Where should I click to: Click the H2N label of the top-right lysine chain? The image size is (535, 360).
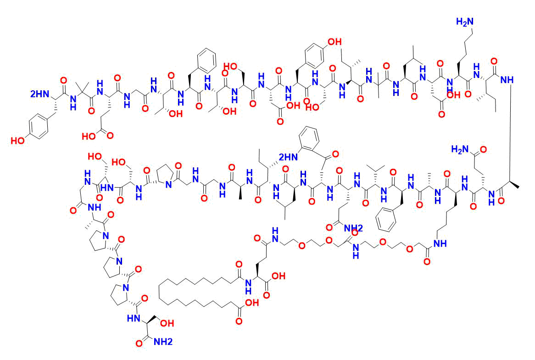(465, 22)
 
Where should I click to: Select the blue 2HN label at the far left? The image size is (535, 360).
(39, 94)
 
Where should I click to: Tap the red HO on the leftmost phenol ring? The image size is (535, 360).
(18, 140)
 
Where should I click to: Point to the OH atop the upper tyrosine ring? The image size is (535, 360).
(334, 42)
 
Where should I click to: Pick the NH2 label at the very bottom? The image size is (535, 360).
(163, 342)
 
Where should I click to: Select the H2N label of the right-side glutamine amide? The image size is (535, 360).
(460, 149)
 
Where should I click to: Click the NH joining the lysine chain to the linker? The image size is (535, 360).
(440, 243)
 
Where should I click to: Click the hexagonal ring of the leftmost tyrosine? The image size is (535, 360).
(38, 127)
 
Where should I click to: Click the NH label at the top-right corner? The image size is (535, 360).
(507, 79)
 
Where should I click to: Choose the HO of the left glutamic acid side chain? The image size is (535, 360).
(89, 136)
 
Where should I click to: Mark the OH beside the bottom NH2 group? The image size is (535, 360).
(167, 323)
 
